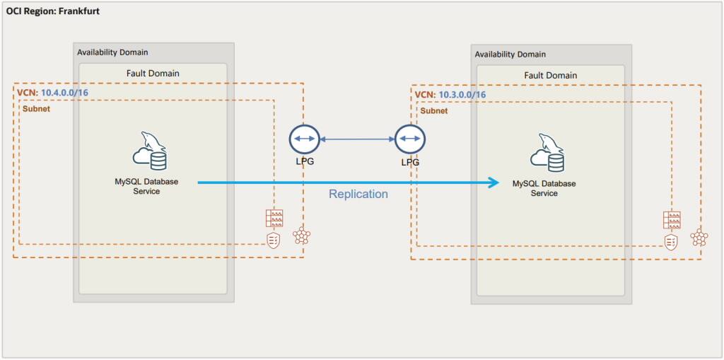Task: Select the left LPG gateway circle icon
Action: coord(304,139)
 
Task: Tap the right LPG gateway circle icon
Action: coord(409,139)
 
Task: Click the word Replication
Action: coord(358,194)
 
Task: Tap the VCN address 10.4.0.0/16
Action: coord(65,93)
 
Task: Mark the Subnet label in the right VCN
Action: coord(433,111)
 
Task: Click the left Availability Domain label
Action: coord(113,52)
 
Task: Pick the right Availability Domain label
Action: coord(510,54)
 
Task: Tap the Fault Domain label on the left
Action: coord(153,73)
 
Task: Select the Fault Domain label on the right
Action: coord(550,75)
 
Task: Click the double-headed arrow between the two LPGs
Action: coord(357,139)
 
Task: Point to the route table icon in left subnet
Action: coord(274,218)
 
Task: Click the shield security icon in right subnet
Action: coord(671,243)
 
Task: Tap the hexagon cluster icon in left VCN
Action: coord(302,236)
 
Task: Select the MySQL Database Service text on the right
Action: coord(544,188)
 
